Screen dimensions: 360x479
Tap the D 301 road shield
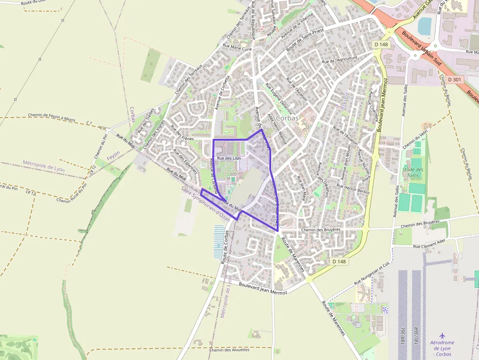pyautogui.click(x=454, y=79)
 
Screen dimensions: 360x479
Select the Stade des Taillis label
pyautogui.click(x=413, y=172)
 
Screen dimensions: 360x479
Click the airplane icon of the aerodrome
pyautogui.click(x=442, y=336)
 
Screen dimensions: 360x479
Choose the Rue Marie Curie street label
pyautogui.click(x=237, y=48)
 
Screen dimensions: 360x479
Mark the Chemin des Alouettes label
pyautogui.click(x=229, y=350)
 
